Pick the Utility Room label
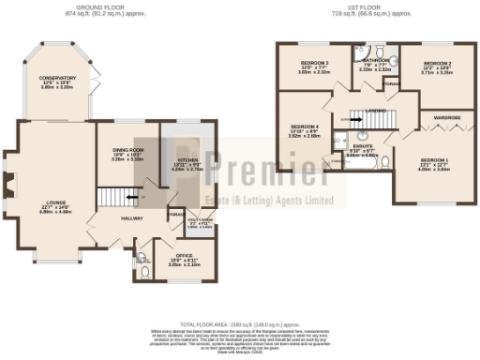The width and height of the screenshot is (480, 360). tap(198, 222)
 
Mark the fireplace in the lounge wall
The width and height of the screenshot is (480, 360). tap(9, 184)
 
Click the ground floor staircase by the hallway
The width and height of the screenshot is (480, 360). tap(114, 196)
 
